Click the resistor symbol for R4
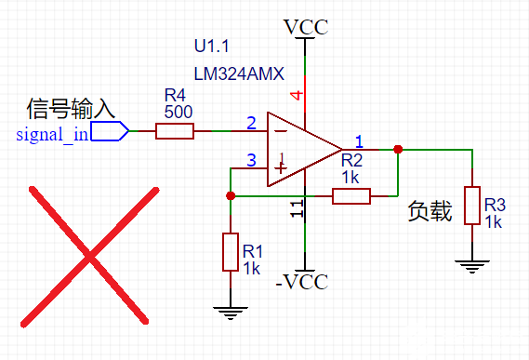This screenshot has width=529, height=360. (x=174, y=131)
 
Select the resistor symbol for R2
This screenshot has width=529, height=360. (x=351, y=195)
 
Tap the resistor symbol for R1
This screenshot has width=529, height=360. (x=231, y=252)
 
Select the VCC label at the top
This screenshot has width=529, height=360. (x=306, y=26)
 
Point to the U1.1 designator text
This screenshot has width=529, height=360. (x=211, y=46)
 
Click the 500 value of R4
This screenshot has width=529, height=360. (x=178, y=111)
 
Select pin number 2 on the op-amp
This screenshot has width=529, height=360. (x=251, y=123)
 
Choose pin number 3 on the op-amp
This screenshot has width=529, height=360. (x=251, y=161)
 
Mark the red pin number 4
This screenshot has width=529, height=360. (x=297, y=95)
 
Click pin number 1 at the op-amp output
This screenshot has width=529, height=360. (x=360, y=140)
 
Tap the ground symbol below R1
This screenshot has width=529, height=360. (x=231, y=313)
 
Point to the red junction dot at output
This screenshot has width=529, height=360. (x=398, y=149)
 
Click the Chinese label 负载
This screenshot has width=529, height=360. (x=430, y=213)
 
